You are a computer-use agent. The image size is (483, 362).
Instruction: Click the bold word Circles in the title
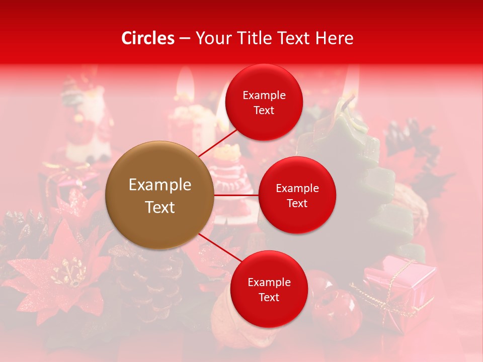[x=147, y=38]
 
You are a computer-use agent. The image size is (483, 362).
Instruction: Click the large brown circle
[x=159, y=195]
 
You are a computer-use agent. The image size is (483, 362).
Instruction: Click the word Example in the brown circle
[x=160, y=185]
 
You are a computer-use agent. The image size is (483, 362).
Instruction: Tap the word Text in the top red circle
[x=264, y=111]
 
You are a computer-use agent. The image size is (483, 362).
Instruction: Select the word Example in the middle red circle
[x=297, y=189]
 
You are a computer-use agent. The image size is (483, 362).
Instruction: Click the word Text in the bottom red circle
[x=269, y=297]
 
